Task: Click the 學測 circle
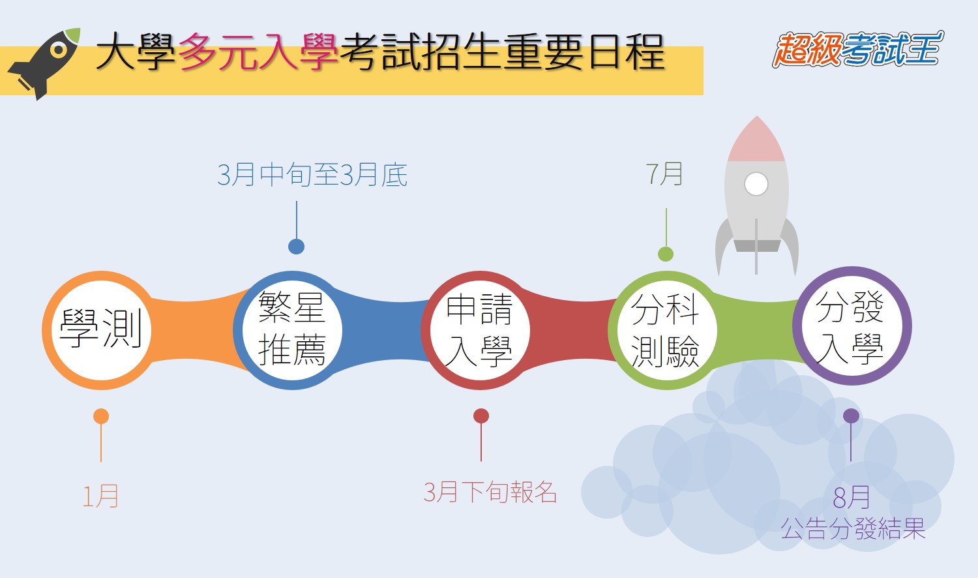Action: click(101, 330)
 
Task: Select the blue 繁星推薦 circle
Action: click(292, 330)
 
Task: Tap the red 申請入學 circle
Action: click(480, 330)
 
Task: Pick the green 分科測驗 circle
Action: click(667, 330)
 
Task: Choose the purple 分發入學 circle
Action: click(852, 326)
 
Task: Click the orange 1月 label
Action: click(100, 496)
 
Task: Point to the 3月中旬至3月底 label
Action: click(312, 175)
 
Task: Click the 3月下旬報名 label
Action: click(490, 492)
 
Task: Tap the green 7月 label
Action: click(664, 174)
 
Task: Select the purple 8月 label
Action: click(852, 497)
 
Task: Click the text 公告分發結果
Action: click(853, 528)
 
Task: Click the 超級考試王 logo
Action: click(857, 50)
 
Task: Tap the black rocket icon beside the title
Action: click(44, 64)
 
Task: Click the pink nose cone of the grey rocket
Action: click(756, 139)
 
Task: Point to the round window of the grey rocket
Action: click(756, 184)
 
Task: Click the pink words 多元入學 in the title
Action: click(258, 52)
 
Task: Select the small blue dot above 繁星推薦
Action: click(297, 247)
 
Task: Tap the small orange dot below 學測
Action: click(101, 416)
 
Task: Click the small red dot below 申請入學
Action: click(481, 416)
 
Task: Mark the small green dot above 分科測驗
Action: click(666, 254)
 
